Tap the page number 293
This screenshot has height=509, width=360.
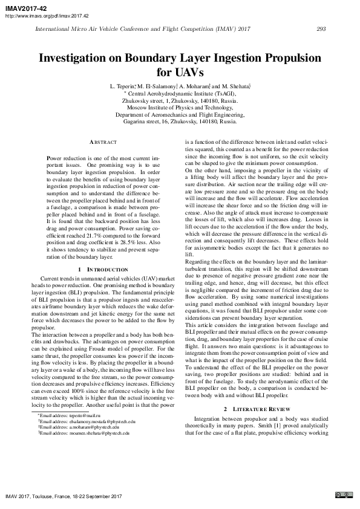[x=321, y=28]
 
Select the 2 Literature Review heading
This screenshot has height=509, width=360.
[x=255, y=409]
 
